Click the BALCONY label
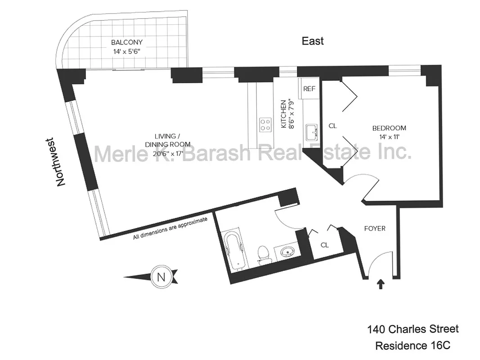click(127, 42)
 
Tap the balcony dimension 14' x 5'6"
click(127, 51)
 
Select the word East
click(313, 41)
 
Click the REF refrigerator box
click(309, 89)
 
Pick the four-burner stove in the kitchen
click(265, 124)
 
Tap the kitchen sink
click(311, 132)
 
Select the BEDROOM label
click(390, 128)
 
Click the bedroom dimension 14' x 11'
click(390, 136)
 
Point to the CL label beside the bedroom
click(332, 126)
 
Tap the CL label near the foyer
click(325, 245)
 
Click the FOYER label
click(375, 229)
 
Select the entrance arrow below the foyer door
click(381, 284)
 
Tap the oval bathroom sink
click(287, 251)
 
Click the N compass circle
click(159, 275)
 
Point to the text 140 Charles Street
click(413, 329)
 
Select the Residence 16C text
click(413, 346)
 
